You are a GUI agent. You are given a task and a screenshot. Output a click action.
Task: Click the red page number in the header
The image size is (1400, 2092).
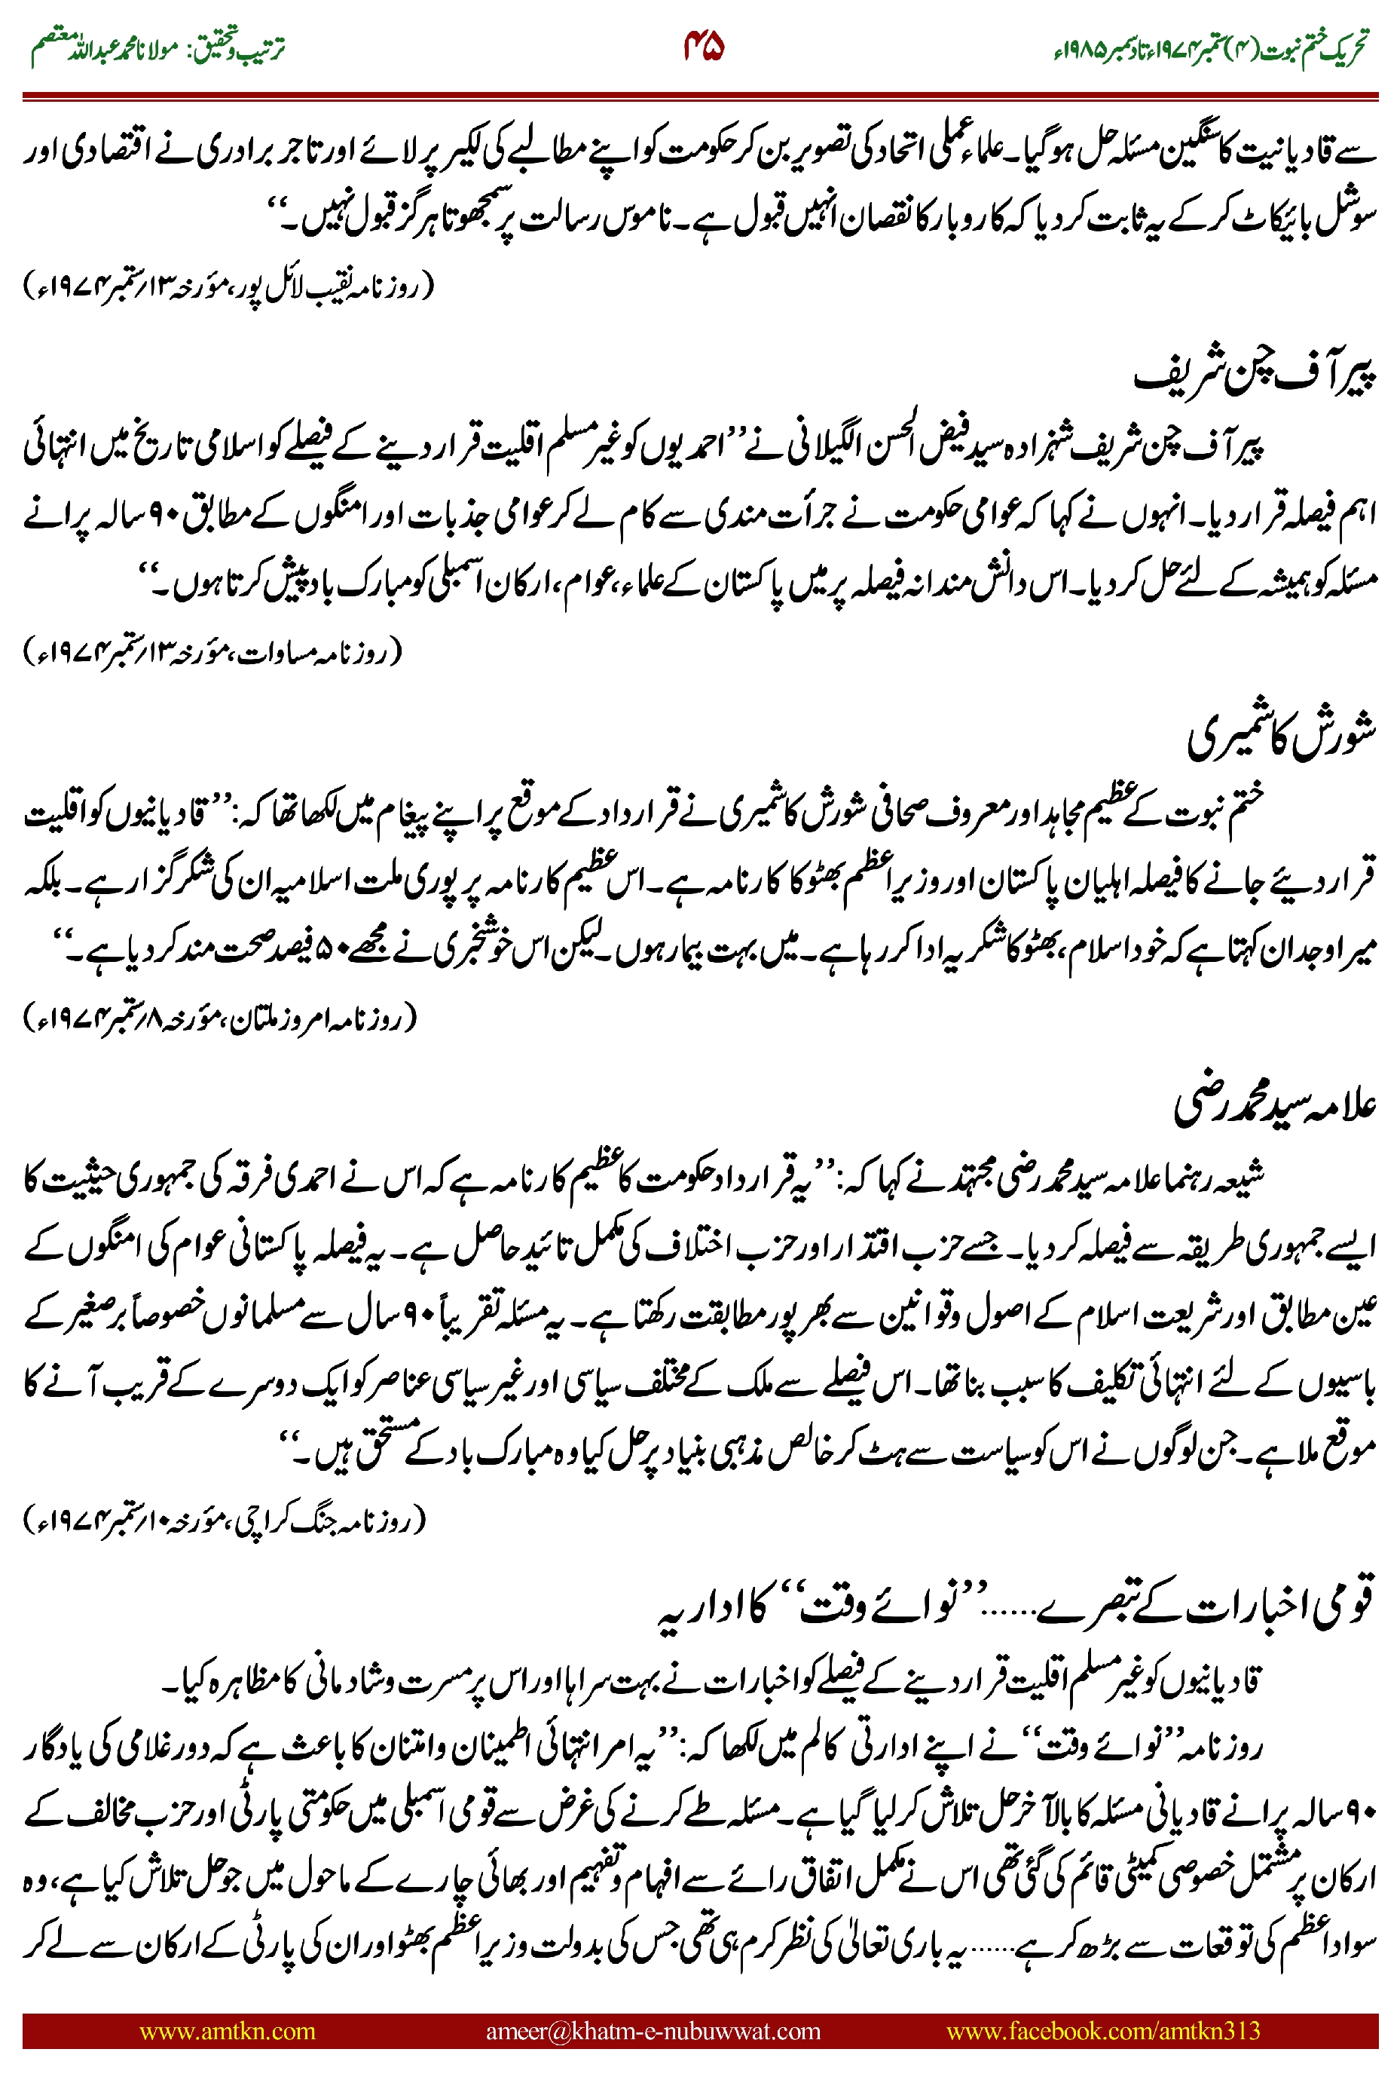(x=703, y=47)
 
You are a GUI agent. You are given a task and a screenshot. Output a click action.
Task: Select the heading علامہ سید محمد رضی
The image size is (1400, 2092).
(x=1274, y=1105)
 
